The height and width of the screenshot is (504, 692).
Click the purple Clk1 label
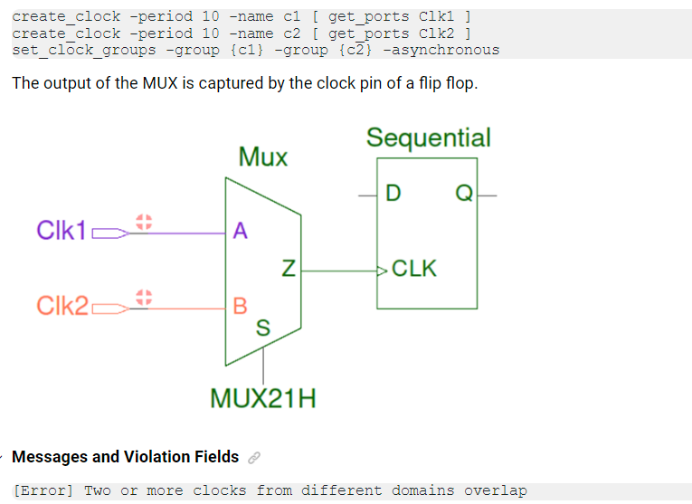(61, 231)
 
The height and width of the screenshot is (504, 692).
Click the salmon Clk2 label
(62, 306)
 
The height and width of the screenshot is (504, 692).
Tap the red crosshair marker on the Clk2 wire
(142, 297)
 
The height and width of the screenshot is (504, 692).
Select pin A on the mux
(239, 231)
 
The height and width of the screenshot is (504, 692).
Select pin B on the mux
(240, 306)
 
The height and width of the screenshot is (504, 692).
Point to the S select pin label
(262, 328)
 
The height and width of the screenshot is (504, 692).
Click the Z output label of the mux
(288, 269)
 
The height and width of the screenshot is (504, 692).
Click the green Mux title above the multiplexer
(262, 157)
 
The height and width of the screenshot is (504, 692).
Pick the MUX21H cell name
(262, 398)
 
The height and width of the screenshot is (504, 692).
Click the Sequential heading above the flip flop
(428, 138)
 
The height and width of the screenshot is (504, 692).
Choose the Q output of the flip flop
(463, 194)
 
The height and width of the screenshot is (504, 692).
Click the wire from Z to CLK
(339, 270)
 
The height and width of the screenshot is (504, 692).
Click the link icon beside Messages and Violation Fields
(254, 458)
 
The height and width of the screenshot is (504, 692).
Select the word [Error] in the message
(43, 490)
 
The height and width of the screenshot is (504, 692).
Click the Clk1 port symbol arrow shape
(109, 233)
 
